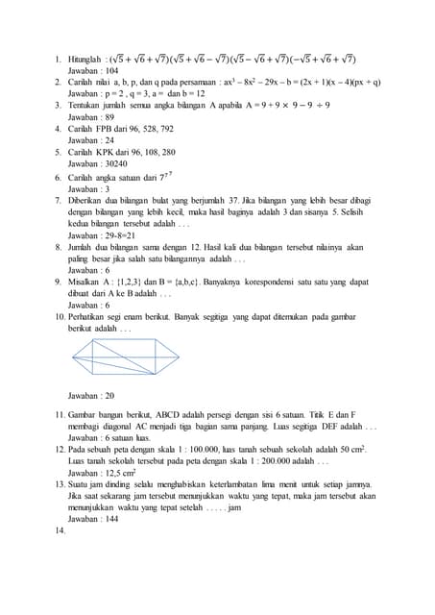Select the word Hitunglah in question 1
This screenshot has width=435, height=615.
[86, 60]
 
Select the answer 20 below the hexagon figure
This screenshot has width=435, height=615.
[109, 395]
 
